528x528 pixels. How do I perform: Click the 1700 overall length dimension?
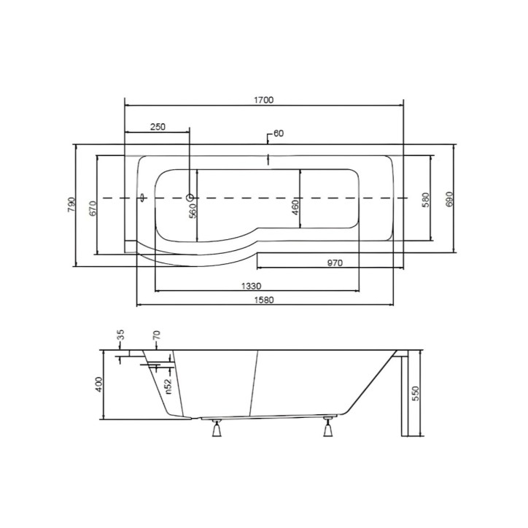pos(264,100)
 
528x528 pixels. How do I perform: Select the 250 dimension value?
pos(158,127)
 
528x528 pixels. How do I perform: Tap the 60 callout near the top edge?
pos(279,133)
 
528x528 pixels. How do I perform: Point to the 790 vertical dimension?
pos(72,204)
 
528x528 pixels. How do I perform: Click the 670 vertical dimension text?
pos(93,208)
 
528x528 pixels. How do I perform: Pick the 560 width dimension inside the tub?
pos(193,211)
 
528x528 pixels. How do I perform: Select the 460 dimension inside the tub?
pos(295,208)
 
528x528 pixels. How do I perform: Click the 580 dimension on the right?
pos(426,200)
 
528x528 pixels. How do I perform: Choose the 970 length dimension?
pos(335,263)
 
